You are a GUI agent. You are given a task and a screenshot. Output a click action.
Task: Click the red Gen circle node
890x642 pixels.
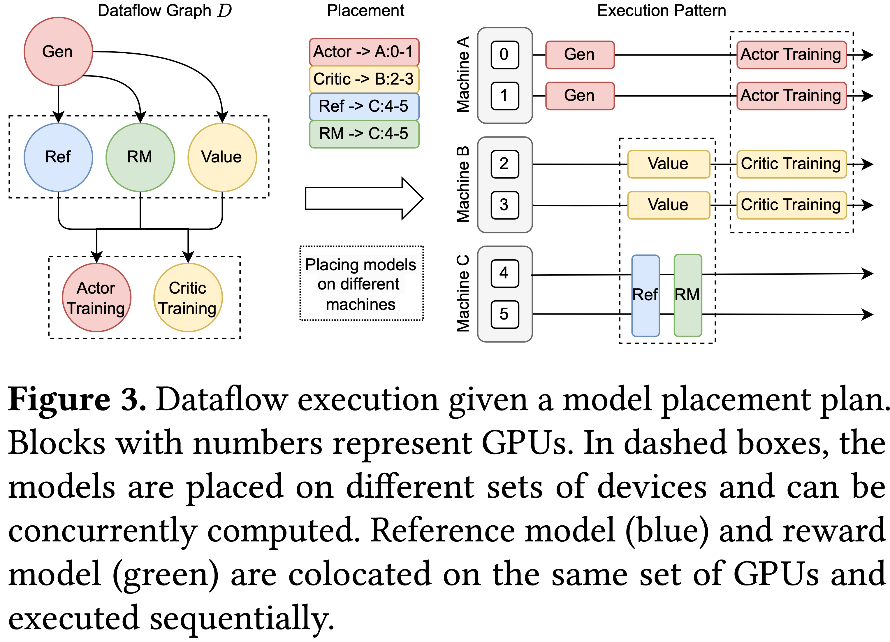click(x=58, y=51)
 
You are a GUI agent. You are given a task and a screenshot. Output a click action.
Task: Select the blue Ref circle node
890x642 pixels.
click(x=58, y=157)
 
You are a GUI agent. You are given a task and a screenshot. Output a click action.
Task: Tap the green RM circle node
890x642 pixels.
click(x=140, y=157)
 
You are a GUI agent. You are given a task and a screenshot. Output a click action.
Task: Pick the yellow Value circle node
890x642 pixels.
click(x=222, y=157)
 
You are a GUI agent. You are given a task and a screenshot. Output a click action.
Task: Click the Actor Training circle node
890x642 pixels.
click(x=96, y=298)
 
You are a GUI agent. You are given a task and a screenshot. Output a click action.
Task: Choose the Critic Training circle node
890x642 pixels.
click(x=188, y=298)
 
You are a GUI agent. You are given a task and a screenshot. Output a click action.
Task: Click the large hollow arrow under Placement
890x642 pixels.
click(x=364, y=198)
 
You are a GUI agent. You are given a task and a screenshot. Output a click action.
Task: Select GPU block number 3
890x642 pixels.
click(x=505, y=205)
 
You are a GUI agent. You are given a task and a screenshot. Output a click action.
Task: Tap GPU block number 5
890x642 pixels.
click(x=505, y=314)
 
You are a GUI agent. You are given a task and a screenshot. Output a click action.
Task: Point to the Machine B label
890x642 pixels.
click(x=463, y=185)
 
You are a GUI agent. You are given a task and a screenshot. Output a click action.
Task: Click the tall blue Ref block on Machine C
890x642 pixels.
click(x=645, y=295)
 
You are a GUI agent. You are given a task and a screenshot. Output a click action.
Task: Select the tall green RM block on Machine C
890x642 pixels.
click(x=687, y=295)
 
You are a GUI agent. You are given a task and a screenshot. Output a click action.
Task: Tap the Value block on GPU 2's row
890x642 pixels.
click(x=668, y=164)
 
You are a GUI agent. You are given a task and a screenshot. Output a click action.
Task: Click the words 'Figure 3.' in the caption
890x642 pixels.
click(x=77, y=400)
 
